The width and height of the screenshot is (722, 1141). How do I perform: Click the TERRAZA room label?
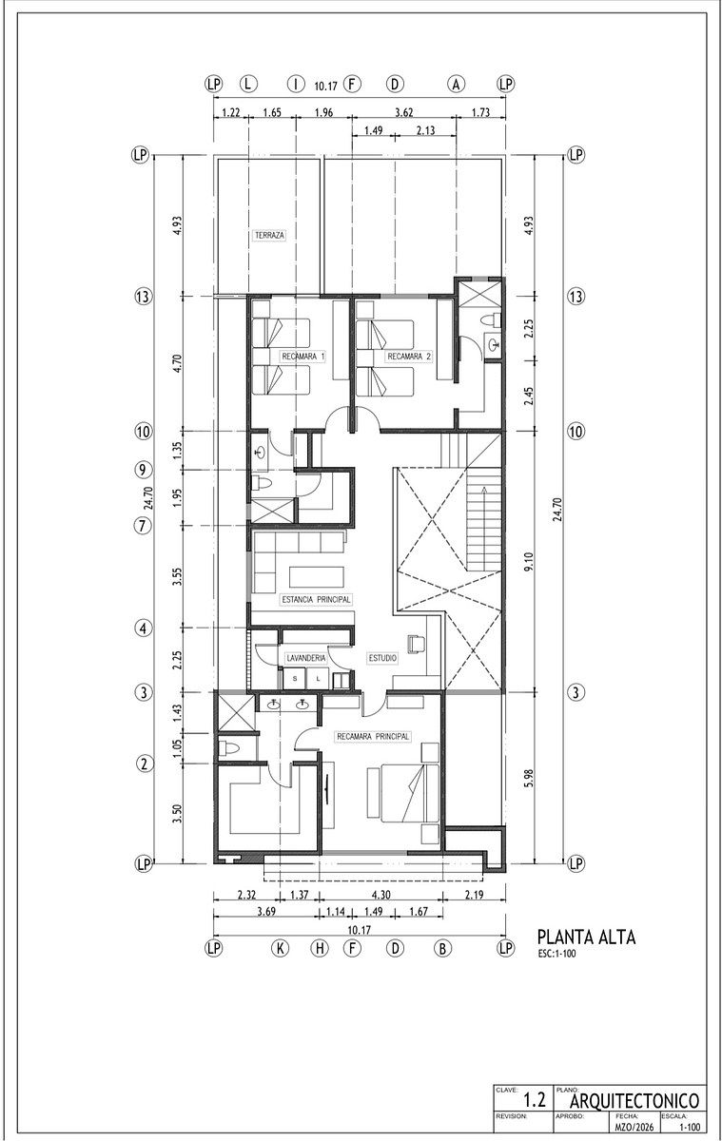coord(269,236)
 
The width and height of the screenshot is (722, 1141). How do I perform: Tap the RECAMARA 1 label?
coord(303,357)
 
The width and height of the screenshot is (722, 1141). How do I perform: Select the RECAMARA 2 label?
coord(409,357)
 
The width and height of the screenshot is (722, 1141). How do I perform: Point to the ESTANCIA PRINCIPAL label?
coord(317,600)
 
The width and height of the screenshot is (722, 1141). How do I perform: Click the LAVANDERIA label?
coord(305,658)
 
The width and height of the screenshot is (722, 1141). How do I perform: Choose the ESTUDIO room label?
coord(382,658)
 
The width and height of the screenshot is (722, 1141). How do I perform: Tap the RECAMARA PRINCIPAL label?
coord(373,737)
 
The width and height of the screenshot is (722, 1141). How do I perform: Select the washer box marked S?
coord(295,679)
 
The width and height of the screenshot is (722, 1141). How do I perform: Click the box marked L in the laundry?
coord(319,679)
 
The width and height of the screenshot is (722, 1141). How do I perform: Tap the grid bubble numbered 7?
coord(144,525)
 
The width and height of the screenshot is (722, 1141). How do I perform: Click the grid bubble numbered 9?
coord(144,469)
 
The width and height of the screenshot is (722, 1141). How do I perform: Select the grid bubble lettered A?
coord(456,84)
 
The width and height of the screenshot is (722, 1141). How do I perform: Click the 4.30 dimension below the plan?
coord(381,895)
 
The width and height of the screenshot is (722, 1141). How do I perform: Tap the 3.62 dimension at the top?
coord(403,112)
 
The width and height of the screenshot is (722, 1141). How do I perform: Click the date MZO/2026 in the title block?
coord(634,1126)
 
